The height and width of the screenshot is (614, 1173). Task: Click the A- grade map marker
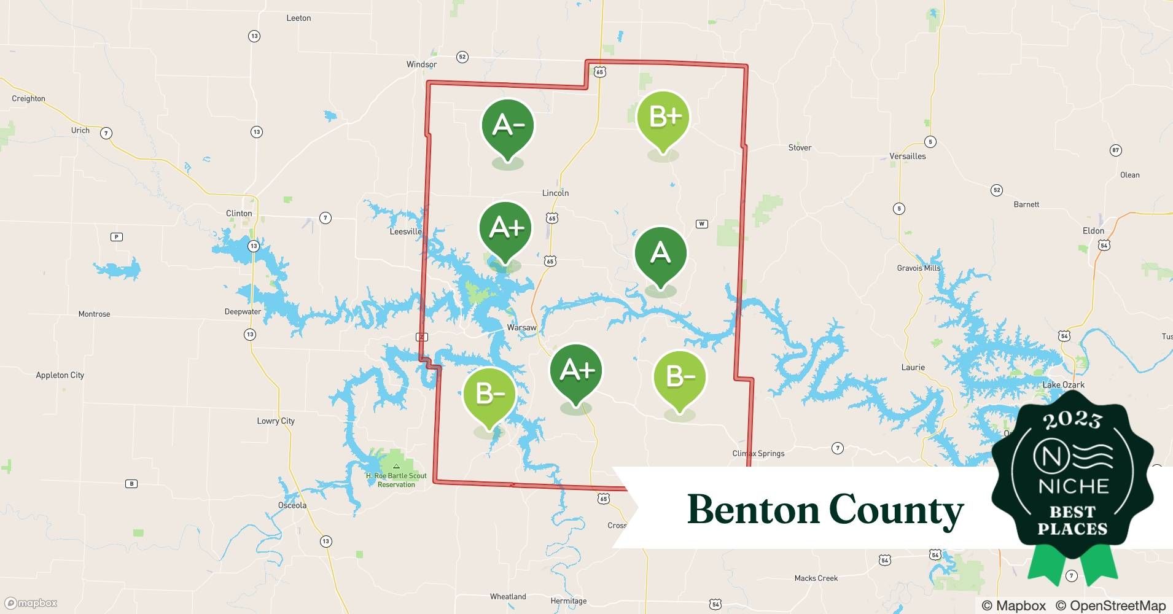coord(508,126)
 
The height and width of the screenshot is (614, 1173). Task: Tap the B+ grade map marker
coord(663,117)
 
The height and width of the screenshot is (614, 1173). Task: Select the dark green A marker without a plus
coord(660,253)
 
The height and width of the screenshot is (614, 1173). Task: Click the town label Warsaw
coord(521,328)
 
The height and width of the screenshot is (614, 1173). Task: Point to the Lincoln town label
coord(555,193)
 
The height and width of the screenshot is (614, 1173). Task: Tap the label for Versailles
coord(907,157)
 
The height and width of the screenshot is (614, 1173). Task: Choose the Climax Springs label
coord(758,454)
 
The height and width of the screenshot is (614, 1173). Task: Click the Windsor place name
coord(421,64)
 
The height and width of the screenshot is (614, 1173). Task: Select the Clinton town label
coord(239,214)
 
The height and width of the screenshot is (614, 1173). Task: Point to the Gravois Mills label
coord(918,268)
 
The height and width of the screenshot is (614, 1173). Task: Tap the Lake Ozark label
coord(1063,385)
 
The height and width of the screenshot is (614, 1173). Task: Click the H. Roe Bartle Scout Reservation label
coord(396,480)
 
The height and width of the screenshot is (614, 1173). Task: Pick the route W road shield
coord(702,224)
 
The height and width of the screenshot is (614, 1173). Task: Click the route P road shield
coord(116,237)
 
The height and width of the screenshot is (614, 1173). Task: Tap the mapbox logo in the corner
coord(31,603)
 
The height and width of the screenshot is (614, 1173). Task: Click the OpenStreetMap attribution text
coord(1110,605)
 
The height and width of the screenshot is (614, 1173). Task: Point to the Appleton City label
coord(60,375)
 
